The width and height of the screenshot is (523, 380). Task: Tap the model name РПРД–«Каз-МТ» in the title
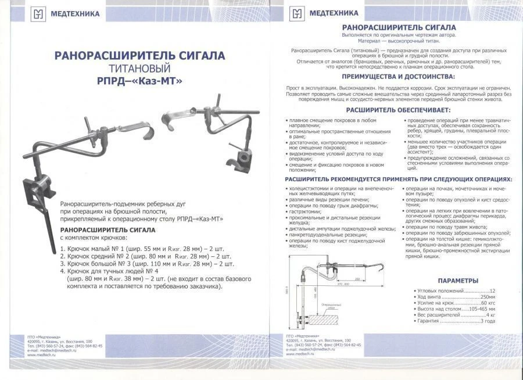coord(139,81)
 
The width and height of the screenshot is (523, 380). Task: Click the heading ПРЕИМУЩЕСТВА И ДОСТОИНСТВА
coord(398,77)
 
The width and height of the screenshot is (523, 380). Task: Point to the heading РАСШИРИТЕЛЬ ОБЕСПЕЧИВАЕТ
coord(398,110)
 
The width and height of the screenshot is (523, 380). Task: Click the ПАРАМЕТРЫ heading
coord(457,281)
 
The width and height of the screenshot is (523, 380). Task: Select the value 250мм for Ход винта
coord(486,297)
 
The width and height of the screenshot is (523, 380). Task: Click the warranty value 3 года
coord(487,321)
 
